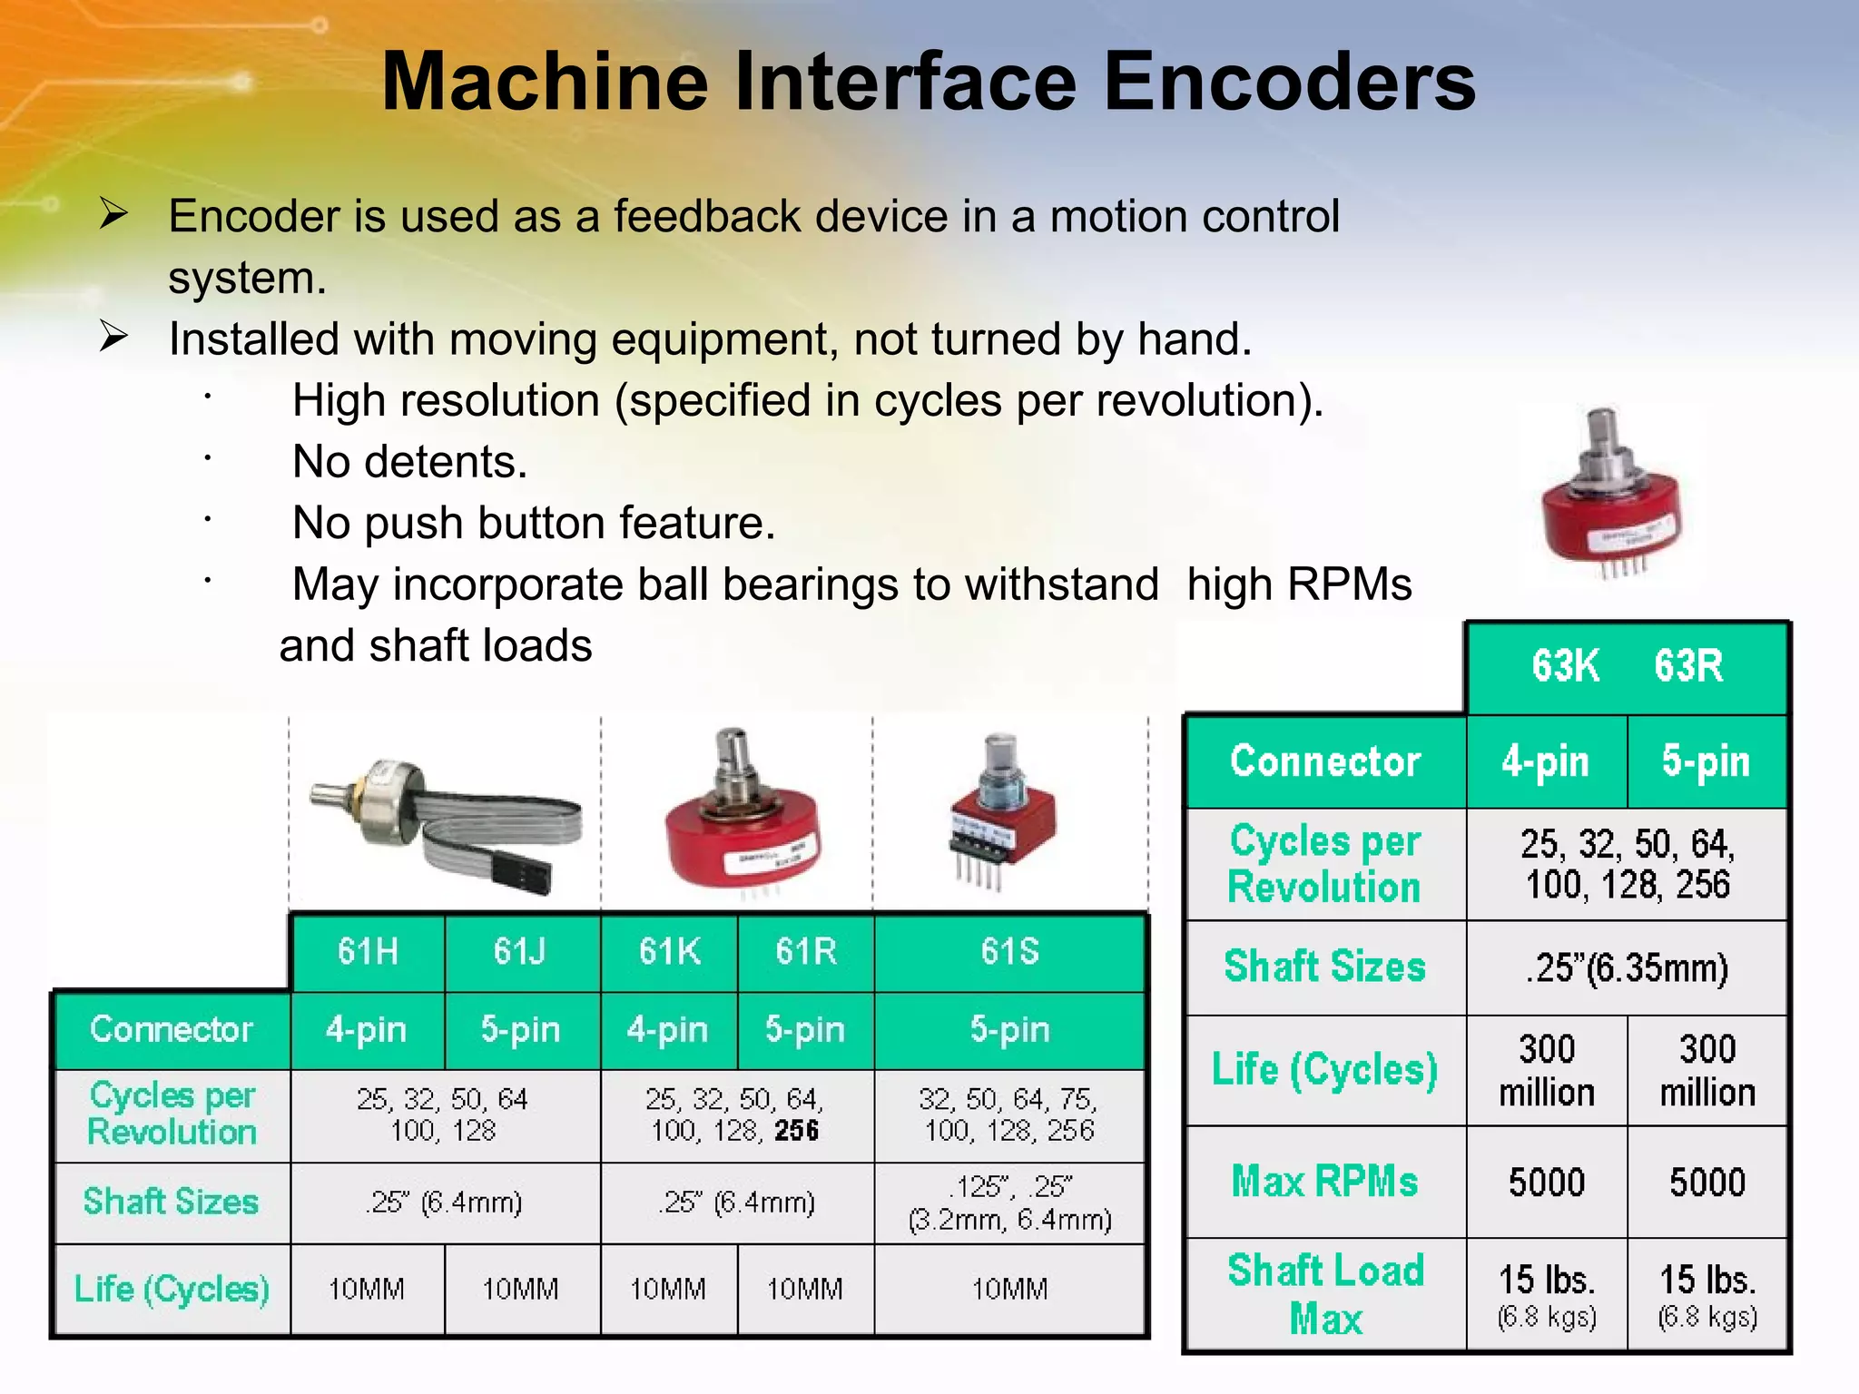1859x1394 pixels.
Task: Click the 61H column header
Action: [x=368, y=951]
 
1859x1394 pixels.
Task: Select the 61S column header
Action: [x=1009, y=951]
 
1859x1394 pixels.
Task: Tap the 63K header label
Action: [x=1565, y=665]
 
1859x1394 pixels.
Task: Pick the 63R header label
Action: [x=1687, y=665]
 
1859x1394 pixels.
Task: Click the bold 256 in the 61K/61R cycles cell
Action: [x=797, y=1131]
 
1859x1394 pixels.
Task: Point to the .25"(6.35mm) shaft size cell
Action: [x=1627, y=967]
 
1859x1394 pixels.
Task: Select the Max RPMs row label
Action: [x=1324, y=1182]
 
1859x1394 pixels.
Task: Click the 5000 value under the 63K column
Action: [x=1547, y=1182]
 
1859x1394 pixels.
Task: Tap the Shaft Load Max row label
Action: [x=1325, y=1294]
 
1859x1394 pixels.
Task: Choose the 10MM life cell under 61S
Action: [x=1009, y=1289]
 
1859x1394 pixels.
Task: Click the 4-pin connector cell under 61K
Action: [x=667, y=1030]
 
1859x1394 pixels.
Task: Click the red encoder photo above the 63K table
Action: [x=1611, y=508]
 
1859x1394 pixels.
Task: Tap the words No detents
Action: [x=409, y=462]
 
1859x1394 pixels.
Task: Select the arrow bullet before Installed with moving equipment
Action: [x=114, y=338]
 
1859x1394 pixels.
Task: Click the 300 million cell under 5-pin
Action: [x=1707, y=1071]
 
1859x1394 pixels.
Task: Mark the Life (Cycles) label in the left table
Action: [x=172, y=1289]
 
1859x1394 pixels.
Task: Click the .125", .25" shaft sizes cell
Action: [x=1009, y=1203]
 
